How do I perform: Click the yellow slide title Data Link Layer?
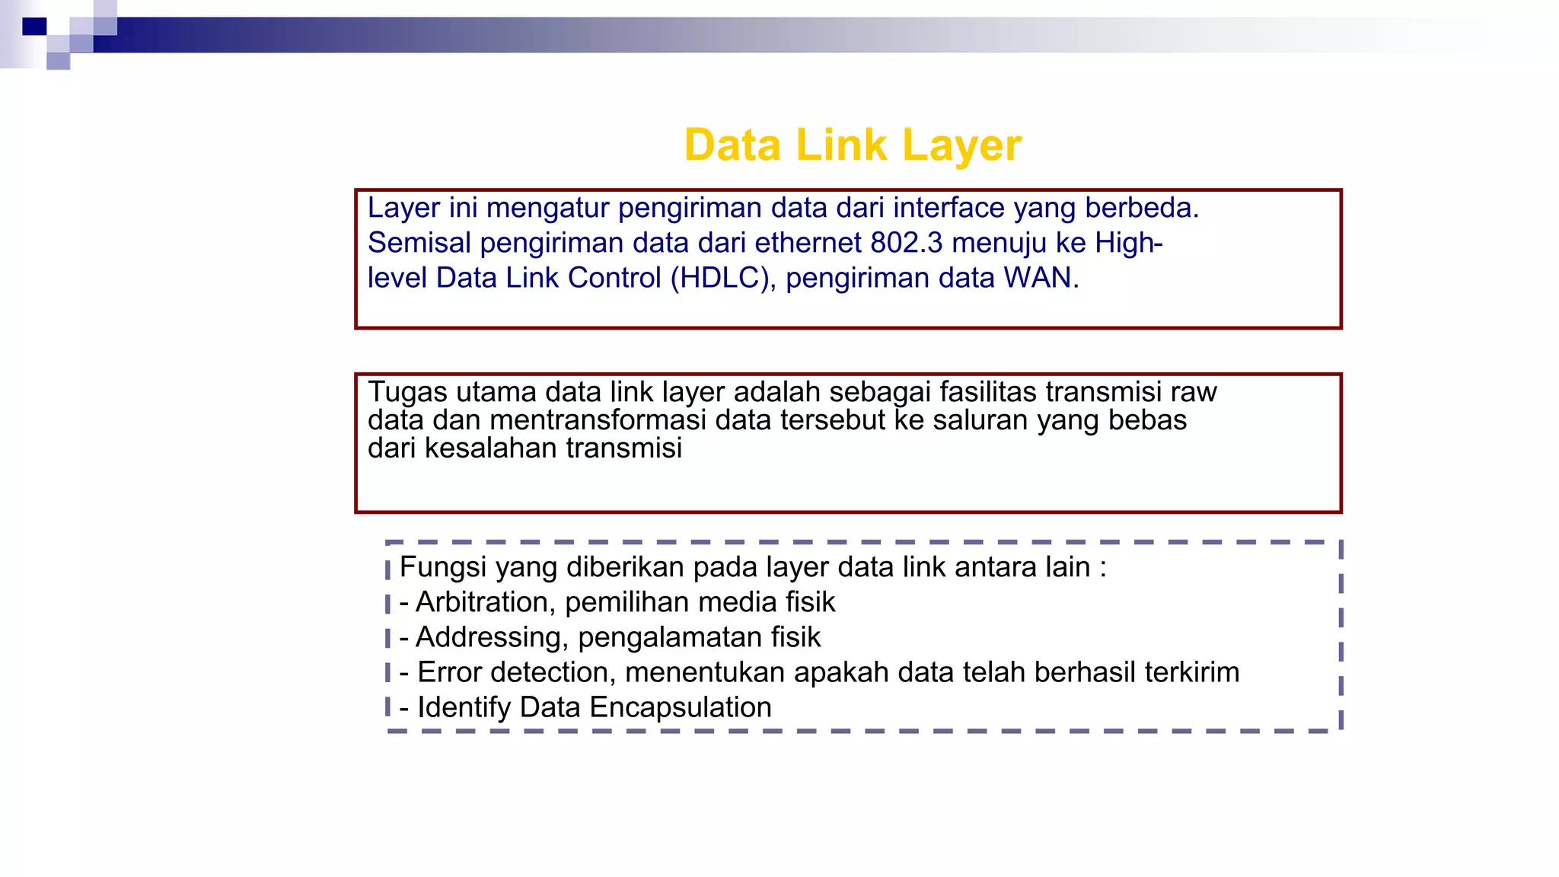tap(853, 145)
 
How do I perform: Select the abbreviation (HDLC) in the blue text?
tap(723, 278)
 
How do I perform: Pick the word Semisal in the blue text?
tap(419, 243)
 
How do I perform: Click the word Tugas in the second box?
tap(407, 392)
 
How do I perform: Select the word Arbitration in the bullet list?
tap(483, 602)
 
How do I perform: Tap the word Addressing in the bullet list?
tap(488, 637)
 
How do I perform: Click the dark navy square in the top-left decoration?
tap(34, 27)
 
